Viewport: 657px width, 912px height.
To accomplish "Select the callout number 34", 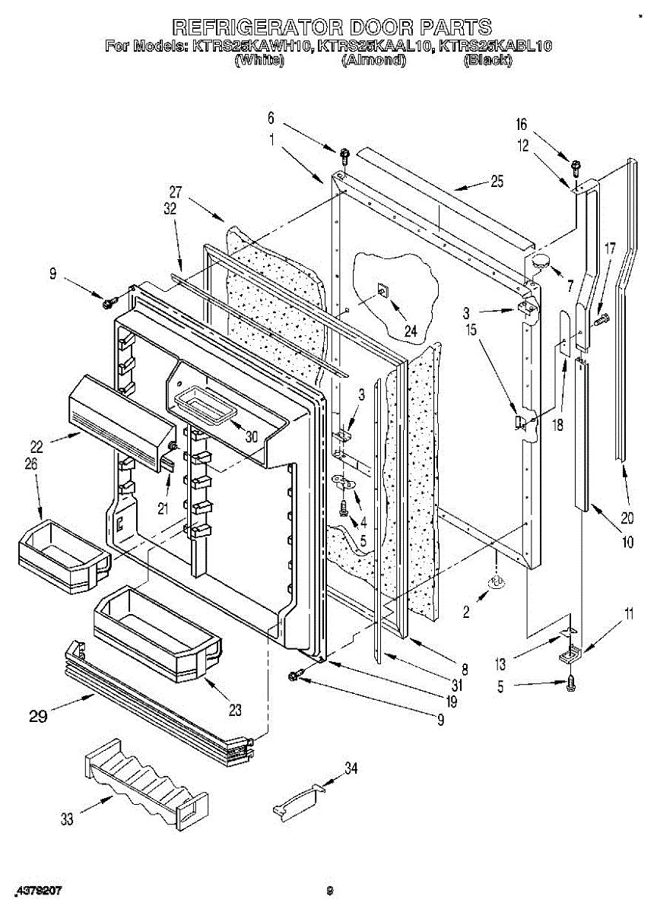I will pos(350,768).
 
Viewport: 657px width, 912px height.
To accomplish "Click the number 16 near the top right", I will pos(521,125).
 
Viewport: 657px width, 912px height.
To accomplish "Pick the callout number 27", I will pos(176,192).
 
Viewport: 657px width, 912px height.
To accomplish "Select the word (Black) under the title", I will pos(487,62).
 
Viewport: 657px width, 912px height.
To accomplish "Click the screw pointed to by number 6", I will pos(344,156).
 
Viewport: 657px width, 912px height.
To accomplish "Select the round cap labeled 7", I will pos(541,262).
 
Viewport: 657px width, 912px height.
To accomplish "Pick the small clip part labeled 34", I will pos(297,802).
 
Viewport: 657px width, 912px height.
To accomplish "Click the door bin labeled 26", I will pos(61,553).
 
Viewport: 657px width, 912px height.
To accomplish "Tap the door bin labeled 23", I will pos(156,632).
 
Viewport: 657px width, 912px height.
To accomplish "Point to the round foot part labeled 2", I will pos(497,582).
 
